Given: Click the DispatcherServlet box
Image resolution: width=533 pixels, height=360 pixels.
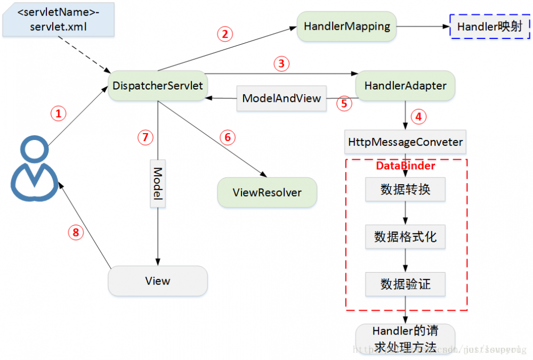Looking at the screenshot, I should point(158,86).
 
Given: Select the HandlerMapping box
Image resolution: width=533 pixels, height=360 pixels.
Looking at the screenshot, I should point(347,26).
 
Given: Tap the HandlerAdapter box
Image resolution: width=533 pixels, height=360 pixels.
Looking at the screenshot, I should point(405,86).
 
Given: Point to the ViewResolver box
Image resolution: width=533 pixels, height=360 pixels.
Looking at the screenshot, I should point(267,193).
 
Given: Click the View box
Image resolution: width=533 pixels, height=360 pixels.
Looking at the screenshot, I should point(158,281).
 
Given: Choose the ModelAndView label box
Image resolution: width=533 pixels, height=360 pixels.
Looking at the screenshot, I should point(281,99).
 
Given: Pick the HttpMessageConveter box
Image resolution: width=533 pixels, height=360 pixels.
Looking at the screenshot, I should point(405,143).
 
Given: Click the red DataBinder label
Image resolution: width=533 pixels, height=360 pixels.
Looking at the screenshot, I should point(406,166).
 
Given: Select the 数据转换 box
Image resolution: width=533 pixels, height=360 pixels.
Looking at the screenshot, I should point(405,190).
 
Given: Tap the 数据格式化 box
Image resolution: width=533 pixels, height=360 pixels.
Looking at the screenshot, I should point(405,236).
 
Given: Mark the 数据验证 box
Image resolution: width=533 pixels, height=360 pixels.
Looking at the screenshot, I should point(405,284).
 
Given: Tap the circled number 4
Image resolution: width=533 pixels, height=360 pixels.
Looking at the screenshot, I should point(421,117).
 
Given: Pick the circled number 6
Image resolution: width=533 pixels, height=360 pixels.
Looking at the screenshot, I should point(228,137).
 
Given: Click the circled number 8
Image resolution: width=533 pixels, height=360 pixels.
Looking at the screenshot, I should point(76,232).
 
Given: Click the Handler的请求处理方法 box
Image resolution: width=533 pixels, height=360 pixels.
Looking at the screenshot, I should point(405,339).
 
